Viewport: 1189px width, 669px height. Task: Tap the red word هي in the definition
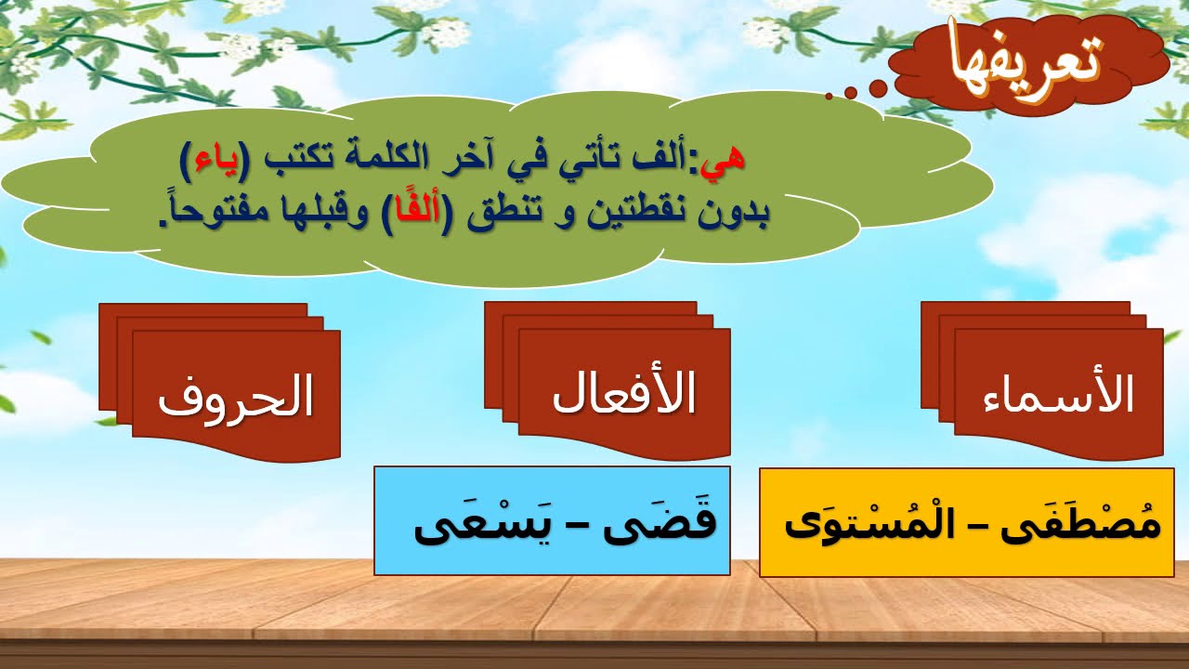pos(725,159)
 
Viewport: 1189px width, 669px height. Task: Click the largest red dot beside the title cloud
pos(878,88)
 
